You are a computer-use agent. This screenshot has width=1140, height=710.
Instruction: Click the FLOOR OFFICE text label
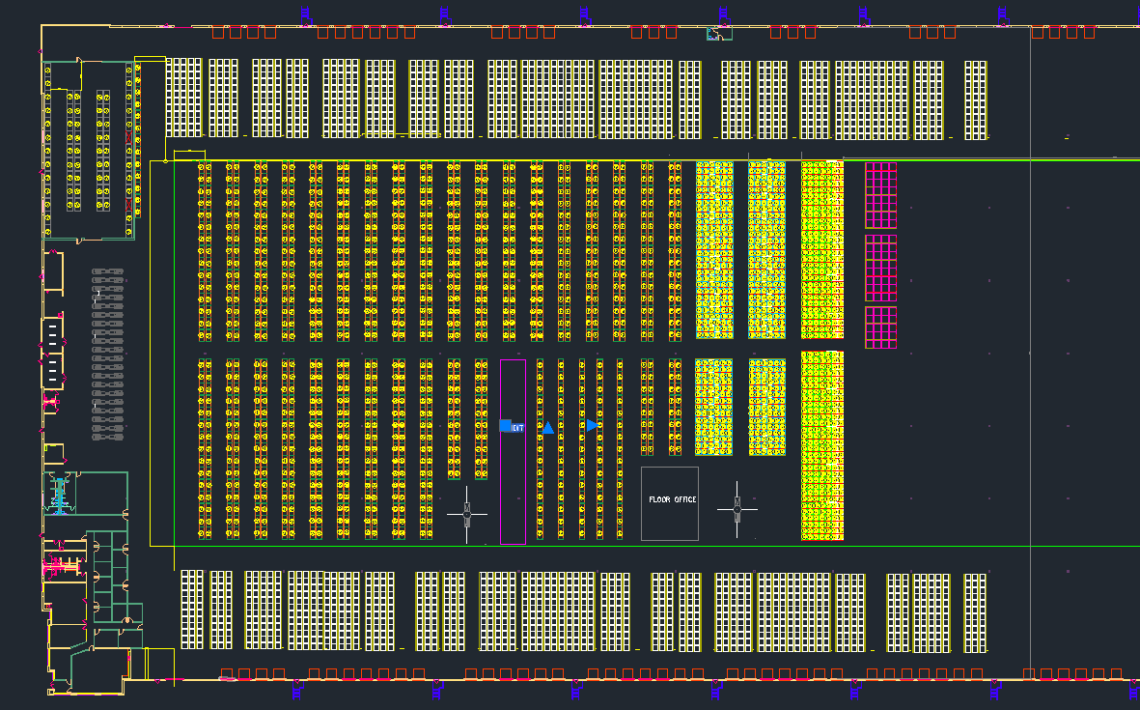click(x=672, y=499)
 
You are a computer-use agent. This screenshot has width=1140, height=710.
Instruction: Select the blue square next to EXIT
click(x=505, y=426)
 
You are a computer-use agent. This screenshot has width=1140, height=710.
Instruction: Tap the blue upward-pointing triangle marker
click(x=547, y=427)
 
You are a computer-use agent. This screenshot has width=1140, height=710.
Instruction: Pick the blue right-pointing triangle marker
click(x=592, y=425)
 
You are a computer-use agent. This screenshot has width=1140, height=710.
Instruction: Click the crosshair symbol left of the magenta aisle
click(x=467, y=514)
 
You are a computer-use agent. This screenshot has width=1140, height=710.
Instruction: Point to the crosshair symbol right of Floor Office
click(x=737, y=508)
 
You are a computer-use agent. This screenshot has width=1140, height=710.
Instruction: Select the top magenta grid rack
click(x=880, y=195)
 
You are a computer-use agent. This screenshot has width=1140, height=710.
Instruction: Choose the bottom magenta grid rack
click(x=880, y=327)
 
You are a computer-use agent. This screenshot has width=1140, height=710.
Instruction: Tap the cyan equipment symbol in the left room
click(x=60, y=496)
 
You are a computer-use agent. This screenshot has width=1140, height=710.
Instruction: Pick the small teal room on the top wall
click(x=719, y=34)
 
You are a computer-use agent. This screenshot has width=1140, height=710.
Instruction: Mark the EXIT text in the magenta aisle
click(x=517, y=427)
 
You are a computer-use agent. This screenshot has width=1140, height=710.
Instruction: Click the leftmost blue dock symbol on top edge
click(x=305, y=14)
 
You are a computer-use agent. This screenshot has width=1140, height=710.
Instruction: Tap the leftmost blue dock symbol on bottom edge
click(x=298, y=688)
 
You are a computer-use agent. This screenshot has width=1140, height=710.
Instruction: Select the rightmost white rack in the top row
click(x=976, y=99)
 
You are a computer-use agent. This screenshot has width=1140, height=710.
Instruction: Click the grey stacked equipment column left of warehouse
click(x=107, y=355)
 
